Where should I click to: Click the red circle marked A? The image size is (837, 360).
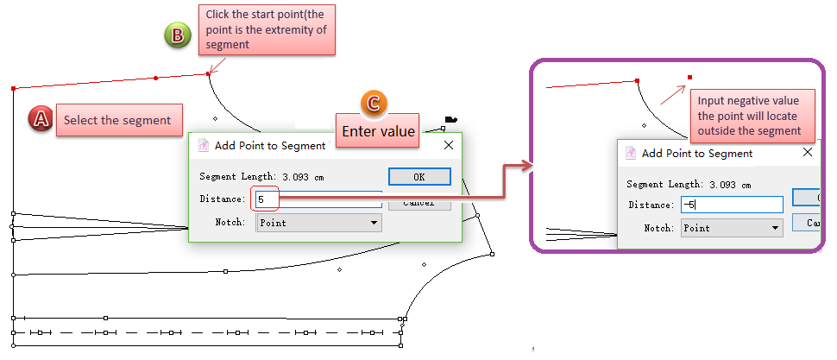click(41, 118)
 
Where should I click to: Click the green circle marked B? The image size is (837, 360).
click(177, 35)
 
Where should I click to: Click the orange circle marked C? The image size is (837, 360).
click(373, 103)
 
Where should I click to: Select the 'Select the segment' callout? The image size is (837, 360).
click(117, 121)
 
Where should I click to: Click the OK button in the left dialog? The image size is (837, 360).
click(419, 176)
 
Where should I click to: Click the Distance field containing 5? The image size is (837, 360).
click(319, 199)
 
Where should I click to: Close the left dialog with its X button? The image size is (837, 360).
click(449, 146)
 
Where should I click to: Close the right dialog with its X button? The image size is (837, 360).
click(807, 153)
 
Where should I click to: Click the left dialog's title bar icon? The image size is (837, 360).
click(204, 146)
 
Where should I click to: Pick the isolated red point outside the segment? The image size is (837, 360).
click(689, 78)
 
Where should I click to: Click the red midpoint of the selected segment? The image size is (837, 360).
click(155, 79)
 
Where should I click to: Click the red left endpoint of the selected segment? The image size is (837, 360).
click(13, 88)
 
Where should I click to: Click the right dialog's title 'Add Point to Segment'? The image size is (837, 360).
click(697, 154)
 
